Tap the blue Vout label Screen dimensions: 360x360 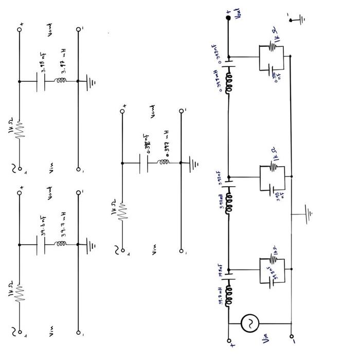click(x=237, y=14)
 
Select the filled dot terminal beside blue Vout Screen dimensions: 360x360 click(x=228, y=18)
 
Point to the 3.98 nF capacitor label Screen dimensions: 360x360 click(x=44, y=67)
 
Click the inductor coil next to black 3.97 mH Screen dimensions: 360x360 click(x=53, y=81)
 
